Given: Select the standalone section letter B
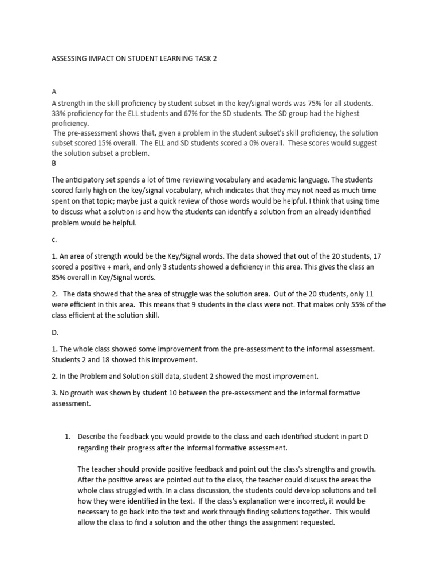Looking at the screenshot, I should coord(54,163).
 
